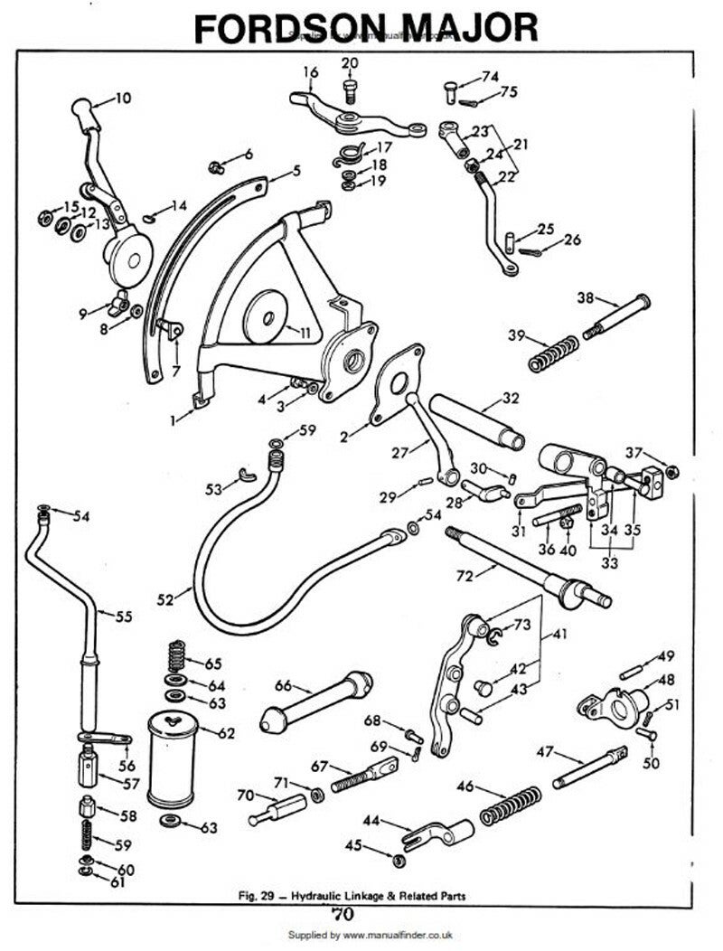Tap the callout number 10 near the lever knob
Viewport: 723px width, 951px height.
pos(122,95)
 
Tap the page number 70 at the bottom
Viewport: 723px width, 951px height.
pos(347,912)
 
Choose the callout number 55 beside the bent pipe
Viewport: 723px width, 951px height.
pos(124,617)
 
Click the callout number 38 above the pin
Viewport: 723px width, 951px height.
pos(585,297)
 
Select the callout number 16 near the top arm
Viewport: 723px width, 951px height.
pos(310,71)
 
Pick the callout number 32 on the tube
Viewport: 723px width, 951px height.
pos(511,397)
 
